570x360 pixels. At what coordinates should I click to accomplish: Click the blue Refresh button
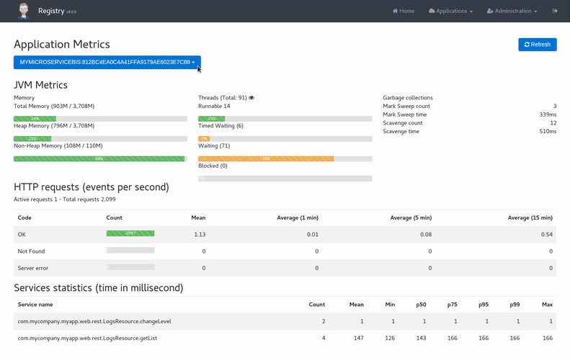click(537, 45)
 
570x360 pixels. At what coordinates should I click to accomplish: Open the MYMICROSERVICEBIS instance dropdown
click(107, 63)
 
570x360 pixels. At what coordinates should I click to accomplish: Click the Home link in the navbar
click(404, 11)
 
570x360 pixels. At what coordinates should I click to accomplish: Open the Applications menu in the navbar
click(451, 11)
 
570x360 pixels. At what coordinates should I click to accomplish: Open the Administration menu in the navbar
click(512, 11)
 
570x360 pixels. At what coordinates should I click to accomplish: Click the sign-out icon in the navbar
click(555, 11)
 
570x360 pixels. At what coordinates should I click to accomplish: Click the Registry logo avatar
click(24, 11)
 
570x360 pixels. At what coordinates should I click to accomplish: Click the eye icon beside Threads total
click(251, 98)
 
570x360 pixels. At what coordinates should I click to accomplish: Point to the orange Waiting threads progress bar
click(266, 158)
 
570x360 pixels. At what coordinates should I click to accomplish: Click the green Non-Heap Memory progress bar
click(99, 158)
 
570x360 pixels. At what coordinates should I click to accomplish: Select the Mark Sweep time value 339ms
click(547, 114)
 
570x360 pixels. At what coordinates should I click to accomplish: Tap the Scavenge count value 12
click(553, 123)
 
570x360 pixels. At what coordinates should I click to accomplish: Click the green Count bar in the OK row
click(130, 233)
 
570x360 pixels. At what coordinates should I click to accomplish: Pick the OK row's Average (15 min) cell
click(547, 234)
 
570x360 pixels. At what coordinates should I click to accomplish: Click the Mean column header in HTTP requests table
click(198, 217)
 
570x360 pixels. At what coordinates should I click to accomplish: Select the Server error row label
click(33, 268)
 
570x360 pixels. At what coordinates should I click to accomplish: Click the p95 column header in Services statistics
click(484, 305)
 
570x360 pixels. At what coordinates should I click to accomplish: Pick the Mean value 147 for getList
click(359, 338)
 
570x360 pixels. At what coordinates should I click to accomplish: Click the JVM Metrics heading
click(40, 85)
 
